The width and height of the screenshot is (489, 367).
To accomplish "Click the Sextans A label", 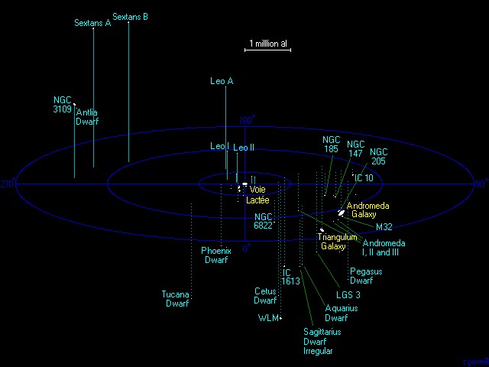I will [x=92, y=24].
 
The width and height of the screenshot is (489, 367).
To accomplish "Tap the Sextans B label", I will [x=130, y=17].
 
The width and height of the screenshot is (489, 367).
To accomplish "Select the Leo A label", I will [x=222, y=81].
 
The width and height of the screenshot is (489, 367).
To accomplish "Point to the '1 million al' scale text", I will [x=267, y=44].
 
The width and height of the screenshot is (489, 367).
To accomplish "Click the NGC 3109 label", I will [x=63, y=105].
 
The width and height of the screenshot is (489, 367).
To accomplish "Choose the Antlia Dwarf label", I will [x=87, y=117].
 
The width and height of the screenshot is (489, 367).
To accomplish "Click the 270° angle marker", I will [x=8, y=184].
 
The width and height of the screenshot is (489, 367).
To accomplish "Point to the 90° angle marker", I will [x=481, y=184].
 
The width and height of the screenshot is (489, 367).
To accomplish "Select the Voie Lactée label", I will [x=257, y=194].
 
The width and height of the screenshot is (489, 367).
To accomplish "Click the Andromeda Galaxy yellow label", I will [x=368, y=210].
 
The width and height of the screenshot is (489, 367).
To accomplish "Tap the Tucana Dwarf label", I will [x=176, y=299].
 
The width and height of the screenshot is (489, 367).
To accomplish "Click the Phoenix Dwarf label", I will [x=216, y=255].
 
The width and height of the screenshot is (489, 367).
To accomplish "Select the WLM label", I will [x=267, y=317].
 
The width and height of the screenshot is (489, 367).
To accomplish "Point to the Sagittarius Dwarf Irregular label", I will [x=321, y=342].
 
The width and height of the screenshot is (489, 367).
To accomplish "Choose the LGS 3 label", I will [x=348, y=294].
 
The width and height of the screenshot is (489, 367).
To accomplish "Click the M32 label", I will [x=384, y=227].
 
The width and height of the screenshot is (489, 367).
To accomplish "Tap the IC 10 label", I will [x=364, y=178].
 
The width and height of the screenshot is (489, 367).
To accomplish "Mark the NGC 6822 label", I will [x=263, y=221].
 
